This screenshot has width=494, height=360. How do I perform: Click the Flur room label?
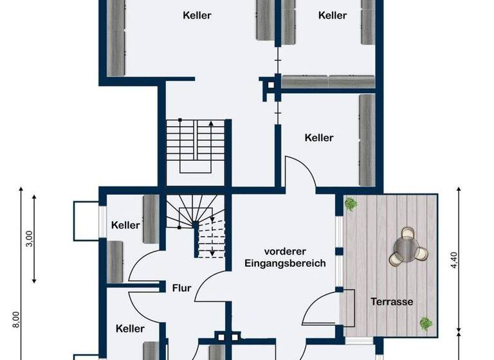[x=181, y=288]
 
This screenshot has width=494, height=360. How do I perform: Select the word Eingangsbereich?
[x=285, y=263]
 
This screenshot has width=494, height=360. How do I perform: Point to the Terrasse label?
[x=391, y=301]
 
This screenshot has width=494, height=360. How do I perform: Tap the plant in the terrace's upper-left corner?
[x=351, y=204]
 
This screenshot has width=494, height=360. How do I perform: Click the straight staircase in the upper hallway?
[x=196, y=146]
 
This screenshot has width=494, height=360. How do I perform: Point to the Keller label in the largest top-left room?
[x=197, y=15]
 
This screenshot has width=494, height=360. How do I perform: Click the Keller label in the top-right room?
[x=333, y=15]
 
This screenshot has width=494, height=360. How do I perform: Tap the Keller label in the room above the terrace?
[x=319, y=138]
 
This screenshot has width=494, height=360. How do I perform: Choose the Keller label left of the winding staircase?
[x=125, y=225]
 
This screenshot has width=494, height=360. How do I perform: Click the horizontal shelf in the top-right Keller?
[x=328, y=82]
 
